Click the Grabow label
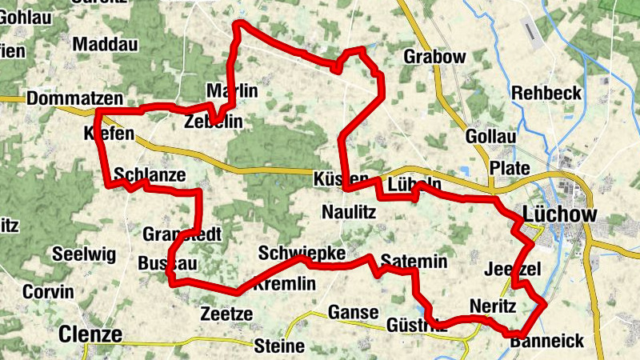click(x=434, y=57)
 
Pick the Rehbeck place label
click(x=546, y=93)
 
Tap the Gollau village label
click(x=490, y=137)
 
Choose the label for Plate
click(x=510, y=168)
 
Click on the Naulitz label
click(x=348, y=212)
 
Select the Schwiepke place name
click(x=302, y=254)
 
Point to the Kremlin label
click(x=286, y=285)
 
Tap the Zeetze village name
click(x=226, y=313)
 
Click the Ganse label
click(x=352, y=312)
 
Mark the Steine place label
click(x=279, y=346)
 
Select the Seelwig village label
click(x=84, y=255)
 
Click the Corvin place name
click(x=48, y=292)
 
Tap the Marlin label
click(x=232, y=91)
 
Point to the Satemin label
click(x=414, y=262)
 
